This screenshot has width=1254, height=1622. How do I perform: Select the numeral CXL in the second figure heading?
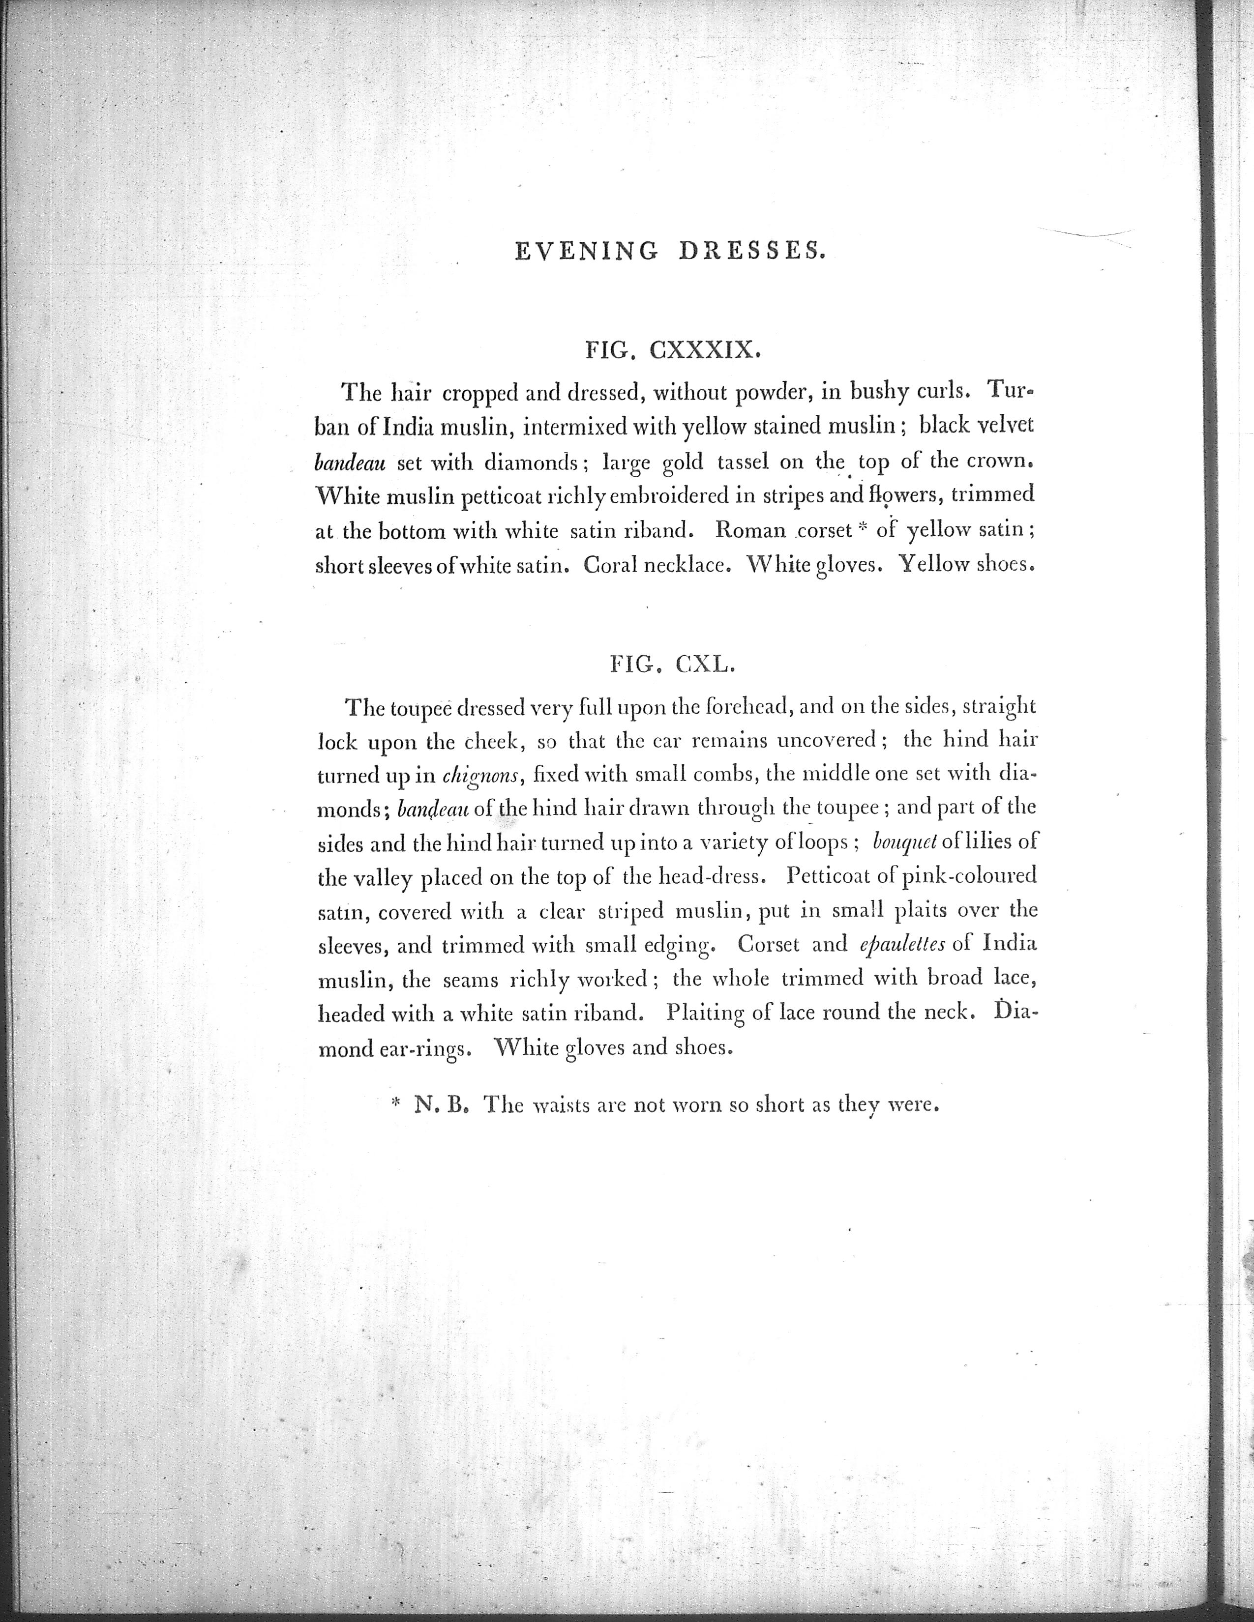pyautogui.click(x=705, y=664)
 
